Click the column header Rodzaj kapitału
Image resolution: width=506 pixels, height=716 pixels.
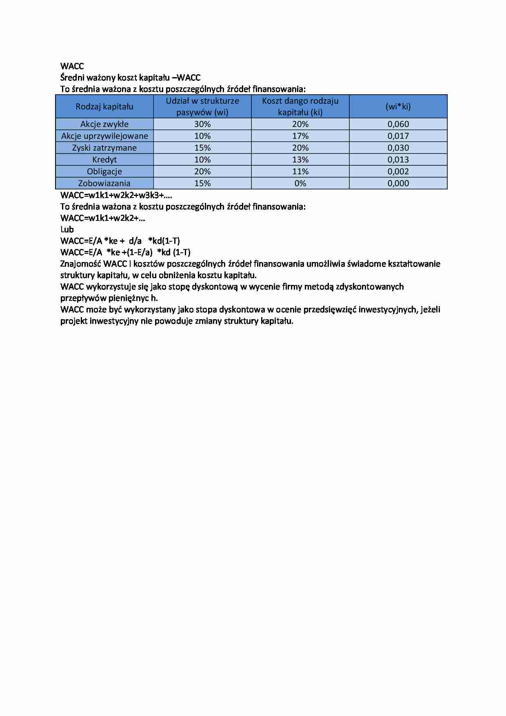pyautogui.click(x=104, y=107)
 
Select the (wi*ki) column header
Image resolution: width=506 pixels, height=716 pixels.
pyautogui.click(x=398, y=107)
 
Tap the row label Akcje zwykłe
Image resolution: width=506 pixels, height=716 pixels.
pyautogui.click(x=104, y=124)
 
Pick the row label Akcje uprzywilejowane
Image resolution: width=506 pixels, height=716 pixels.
pyautogui.click(x=104, y=136)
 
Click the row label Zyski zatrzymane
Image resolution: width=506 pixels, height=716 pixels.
pyautogui.click(x=104, y=148)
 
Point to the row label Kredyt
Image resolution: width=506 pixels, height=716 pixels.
pyautogui.click(x=104, y=160)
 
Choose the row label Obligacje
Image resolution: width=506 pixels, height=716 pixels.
pyautogui.click(x=104, y=171)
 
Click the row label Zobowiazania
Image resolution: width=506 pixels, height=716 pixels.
pyautogui.click(x=104, y=183)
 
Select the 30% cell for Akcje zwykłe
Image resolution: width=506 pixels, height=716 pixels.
pyautogui.click(x=202, y=124)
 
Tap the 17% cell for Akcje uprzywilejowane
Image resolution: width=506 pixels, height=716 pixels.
pyautogui.click(x=300, y=136)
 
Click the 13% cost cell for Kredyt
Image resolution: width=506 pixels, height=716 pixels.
pyautogui.click(x=300, y=160)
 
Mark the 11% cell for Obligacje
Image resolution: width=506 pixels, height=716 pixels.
pyautogui.click(x=300, y=171)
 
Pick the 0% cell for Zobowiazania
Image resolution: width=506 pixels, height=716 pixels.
pyautogui.click(x=300, y=183)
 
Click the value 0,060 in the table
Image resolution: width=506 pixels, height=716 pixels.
pyautogui.click(x=398, y=124)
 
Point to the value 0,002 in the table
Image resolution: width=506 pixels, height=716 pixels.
pyautogui.click(x=398, y=171)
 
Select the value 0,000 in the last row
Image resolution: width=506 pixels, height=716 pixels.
pyautogui.click(x=398, y=183)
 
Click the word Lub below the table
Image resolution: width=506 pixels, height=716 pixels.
pyautogui.click(x=67, y=229)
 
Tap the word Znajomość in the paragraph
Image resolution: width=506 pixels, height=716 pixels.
pyautogui.click(x=80, y=264)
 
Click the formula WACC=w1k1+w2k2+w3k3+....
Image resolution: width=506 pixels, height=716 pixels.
pyautogui.click(x=116, y=195)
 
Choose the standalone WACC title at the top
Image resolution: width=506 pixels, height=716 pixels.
pyautogui.click(x=72, y=66)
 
